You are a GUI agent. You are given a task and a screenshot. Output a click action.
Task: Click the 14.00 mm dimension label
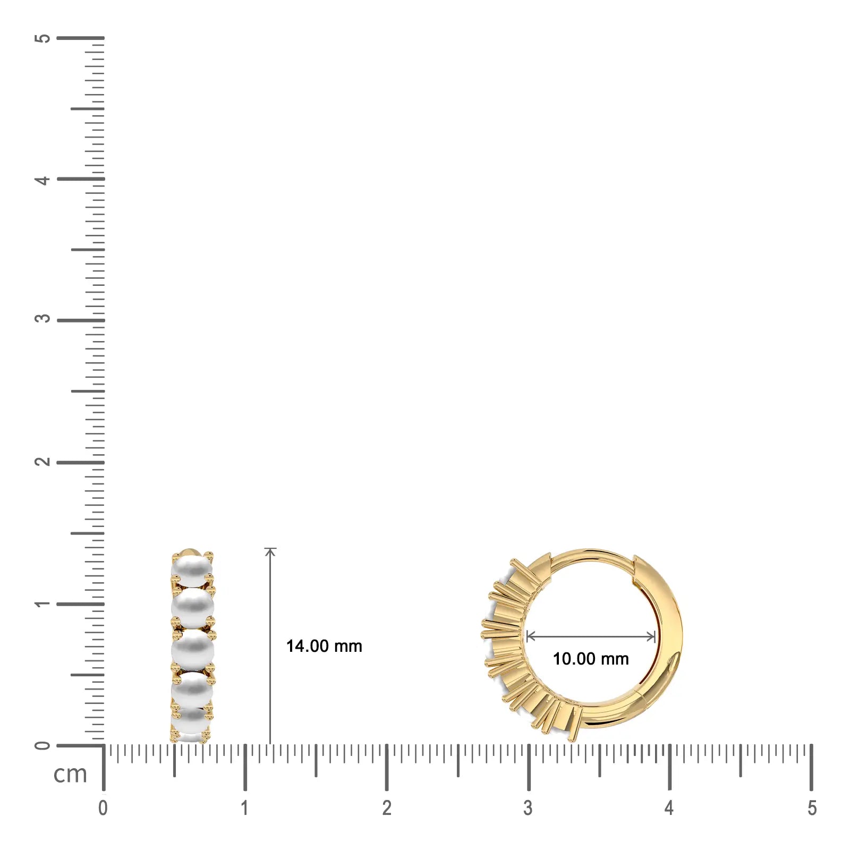click(x=324, y=646)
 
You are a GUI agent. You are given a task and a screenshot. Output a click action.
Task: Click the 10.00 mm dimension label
click(x=591, y=659)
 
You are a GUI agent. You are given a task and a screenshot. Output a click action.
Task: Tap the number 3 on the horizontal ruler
click(x=528, y=808)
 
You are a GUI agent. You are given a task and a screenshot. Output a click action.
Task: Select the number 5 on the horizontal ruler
click(x=812, y=808)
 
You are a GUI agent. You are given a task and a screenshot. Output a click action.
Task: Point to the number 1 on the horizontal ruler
click(x=244, y=808)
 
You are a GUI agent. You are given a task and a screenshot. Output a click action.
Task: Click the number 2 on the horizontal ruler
click(x=387, y=808)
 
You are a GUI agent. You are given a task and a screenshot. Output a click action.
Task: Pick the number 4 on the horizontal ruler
click(x=669, y=808)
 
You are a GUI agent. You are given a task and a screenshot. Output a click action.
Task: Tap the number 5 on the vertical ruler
click(x=42, y=38)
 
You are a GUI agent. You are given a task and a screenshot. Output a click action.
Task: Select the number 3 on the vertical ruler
click(x=42, y=318)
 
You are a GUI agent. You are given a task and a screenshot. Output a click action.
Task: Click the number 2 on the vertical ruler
click(x=42, y=461)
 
